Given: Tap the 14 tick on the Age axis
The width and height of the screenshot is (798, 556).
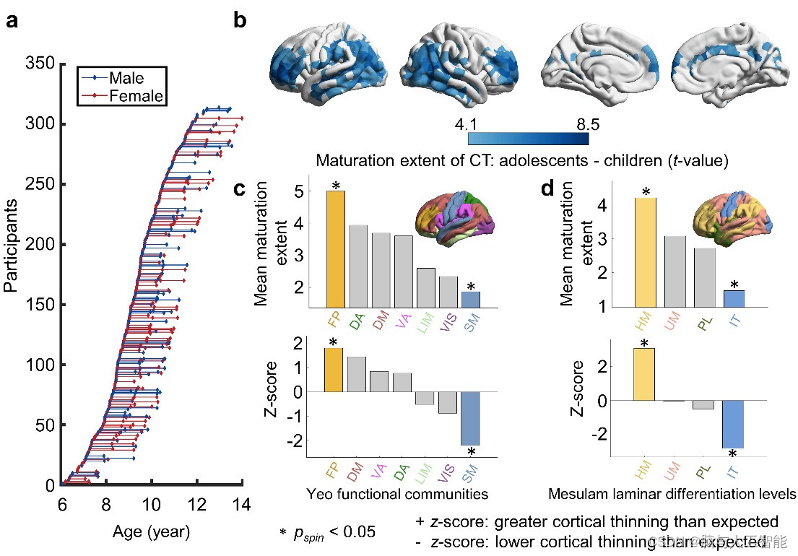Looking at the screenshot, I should point(240,503).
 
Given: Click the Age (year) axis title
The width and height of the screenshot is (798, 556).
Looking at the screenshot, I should point(151,533).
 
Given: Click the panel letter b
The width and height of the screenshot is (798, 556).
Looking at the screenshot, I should point(240,20).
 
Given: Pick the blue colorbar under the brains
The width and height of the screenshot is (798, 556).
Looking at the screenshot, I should point(528,139).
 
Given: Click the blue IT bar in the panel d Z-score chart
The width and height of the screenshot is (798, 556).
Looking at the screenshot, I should point(732,424).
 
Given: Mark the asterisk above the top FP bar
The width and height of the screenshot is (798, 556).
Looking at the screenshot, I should point(335,186).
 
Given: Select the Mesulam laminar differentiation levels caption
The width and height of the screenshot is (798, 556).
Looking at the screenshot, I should point(672,495).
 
